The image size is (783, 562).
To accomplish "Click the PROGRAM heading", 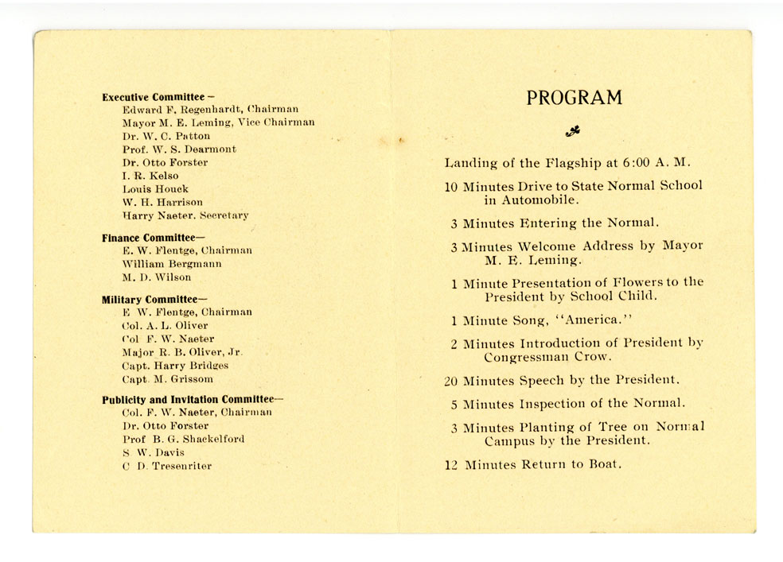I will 574,99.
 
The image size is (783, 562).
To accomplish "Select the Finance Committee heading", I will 149,238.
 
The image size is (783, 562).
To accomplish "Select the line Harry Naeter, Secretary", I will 185,215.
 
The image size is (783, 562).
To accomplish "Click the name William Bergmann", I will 172,264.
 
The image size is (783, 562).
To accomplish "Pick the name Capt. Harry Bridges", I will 175,366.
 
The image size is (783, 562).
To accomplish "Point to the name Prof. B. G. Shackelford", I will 183,439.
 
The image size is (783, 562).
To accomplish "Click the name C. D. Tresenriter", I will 167,466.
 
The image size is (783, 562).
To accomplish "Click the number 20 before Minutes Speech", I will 451,381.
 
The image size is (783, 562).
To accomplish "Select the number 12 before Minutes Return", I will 452,465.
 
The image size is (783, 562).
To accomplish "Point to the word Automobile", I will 540,200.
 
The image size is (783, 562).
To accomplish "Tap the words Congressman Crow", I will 548,357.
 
